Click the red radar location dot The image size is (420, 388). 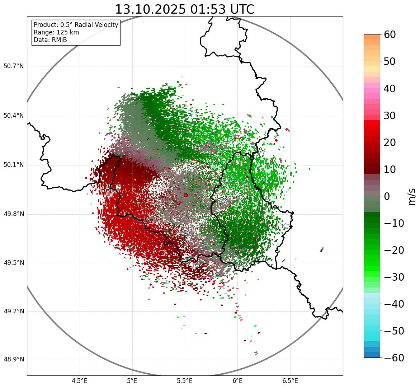(185, 195)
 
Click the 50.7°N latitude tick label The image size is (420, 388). (13, 66)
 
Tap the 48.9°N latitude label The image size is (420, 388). (13, 360)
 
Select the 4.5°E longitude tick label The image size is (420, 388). (80, 381)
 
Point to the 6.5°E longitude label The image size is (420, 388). (290, 381)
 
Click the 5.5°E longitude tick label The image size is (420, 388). (185, 381)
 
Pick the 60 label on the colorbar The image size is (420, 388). (390, 34)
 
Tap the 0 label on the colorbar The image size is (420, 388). (387, 196)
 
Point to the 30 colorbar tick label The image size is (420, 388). (390, 116)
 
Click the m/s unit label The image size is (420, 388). (412, 196)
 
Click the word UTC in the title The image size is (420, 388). (242, 10)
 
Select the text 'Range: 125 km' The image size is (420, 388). (56, 32)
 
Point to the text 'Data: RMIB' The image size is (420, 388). (50, 40)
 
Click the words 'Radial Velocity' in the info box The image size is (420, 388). (96, 25)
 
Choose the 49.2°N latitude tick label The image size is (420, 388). (13, 311)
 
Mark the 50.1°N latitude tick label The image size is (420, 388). (13, 165)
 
